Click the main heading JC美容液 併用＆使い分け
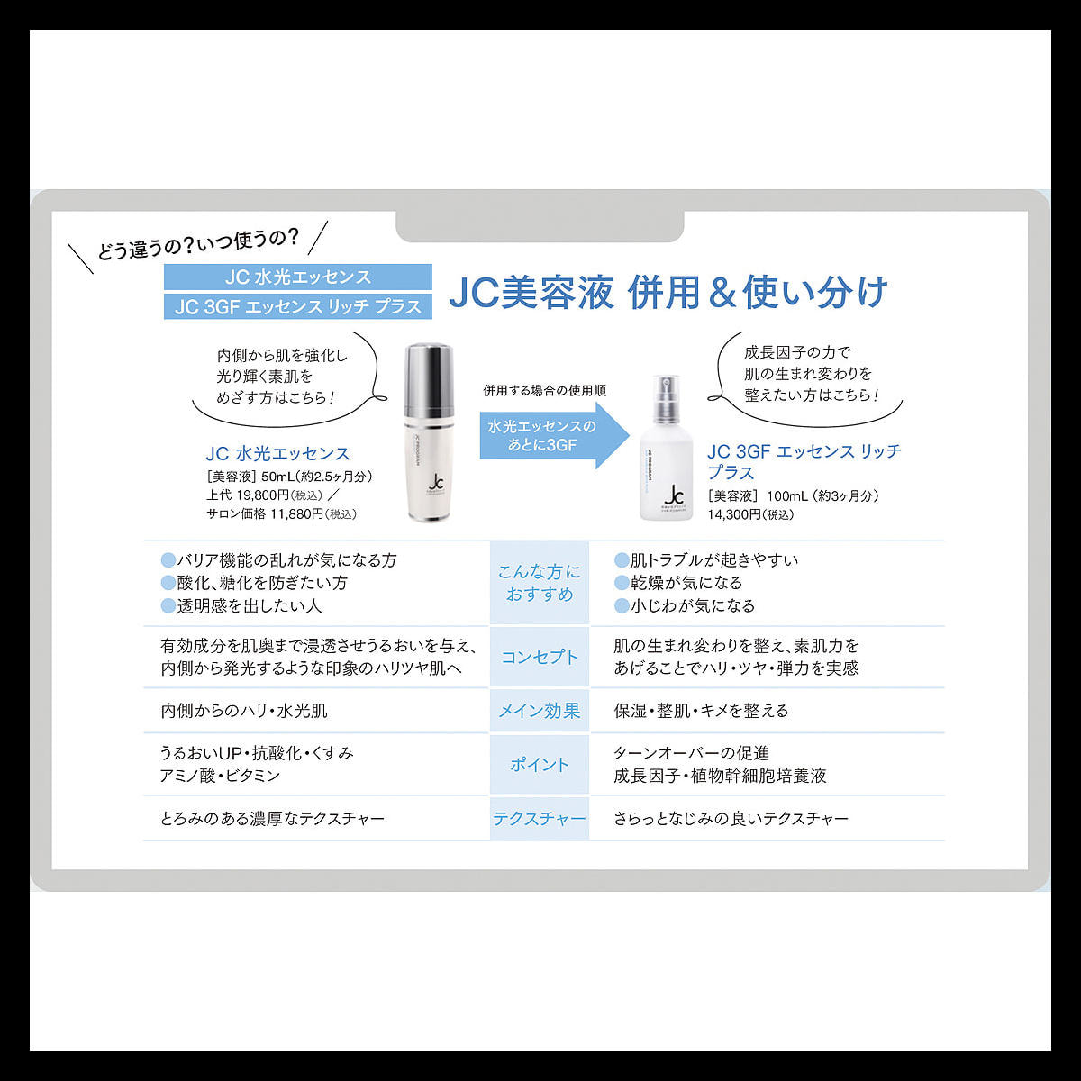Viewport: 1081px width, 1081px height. coord(668,292)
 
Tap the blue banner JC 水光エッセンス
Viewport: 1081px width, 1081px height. coord(298,277)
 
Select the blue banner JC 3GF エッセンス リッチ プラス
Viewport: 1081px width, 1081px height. coord(298,307)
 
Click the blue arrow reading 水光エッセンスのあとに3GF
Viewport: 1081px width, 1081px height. coord(554,436)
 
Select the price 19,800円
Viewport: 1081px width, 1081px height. coord(262,495)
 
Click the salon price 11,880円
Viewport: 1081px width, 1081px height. coord(296,513)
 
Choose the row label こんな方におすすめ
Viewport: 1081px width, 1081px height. coord(540,583)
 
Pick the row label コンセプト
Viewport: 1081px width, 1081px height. coord(540,657)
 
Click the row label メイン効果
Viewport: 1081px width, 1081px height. coord(540,711)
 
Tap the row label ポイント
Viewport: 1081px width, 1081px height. coord(540,764)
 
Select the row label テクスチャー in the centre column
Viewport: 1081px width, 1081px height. coord(540,819)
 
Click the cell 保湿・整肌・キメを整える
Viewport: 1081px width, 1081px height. coord(701,711)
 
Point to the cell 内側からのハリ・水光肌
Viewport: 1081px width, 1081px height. coord(244,711)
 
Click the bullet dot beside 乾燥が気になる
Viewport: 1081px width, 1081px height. coord(621,583)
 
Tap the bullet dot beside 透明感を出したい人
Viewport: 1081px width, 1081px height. coord(168,606)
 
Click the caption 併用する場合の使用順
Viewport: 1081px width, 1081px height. coord(545,390)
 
